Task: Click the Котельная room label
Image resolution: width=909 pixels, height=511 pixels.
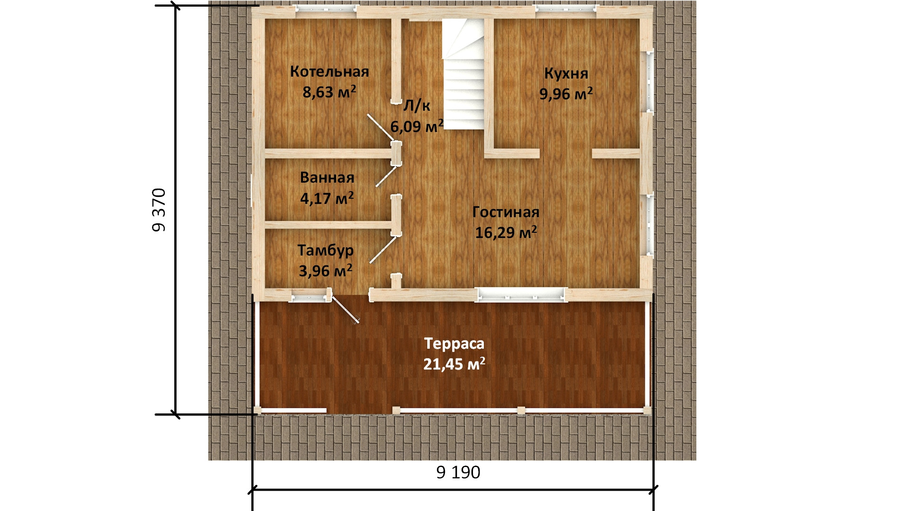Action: (330, 71)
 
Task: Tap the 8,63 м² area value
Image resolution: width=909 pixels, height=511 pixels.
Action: (330, 91)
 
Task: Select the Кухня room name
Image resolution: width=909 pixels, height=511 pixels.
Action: (566, 73)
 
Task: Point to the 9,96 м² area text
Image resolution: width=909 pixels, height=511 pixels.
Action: (566, 94)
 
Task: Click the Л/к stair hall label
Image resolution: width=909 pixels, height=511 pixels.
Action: (417, 106)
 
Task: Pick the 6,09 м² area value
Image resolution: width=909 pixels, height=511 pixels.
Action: (417, 126)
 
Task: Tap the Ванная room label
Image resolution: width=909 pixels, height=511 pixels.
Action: (327, 177)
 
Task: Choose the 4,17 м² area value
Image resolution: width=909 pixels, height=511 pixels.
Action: (327, 198)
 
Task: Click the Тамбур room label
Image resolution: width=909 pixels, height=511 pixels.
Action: (326, 250)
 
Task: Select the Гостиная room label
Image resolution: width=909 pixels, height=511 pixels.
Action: (506, 212)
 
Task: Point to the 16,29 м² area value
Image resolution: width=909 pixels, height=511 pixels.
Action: (506, 232)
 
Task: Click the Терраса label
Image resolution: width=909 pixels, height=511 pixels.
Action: (454, 344)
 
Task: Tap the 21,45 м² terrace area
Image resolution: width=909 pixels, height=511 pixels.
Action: (454, 364)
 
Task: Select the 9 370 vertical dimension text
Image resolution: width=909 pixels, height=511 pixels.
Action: (159, 210)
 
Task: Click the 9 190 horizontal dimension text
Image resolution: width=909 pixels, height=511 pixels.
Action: (458, 472)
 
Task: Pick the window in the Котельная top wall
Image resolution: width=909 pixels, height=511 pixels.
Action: (325, 8)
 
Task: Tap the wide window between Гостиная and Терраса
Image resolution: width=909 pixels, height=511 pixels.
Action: (521, 295)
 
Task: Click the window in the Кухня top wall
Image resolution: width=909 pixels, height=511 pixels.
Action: (566, 8)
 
